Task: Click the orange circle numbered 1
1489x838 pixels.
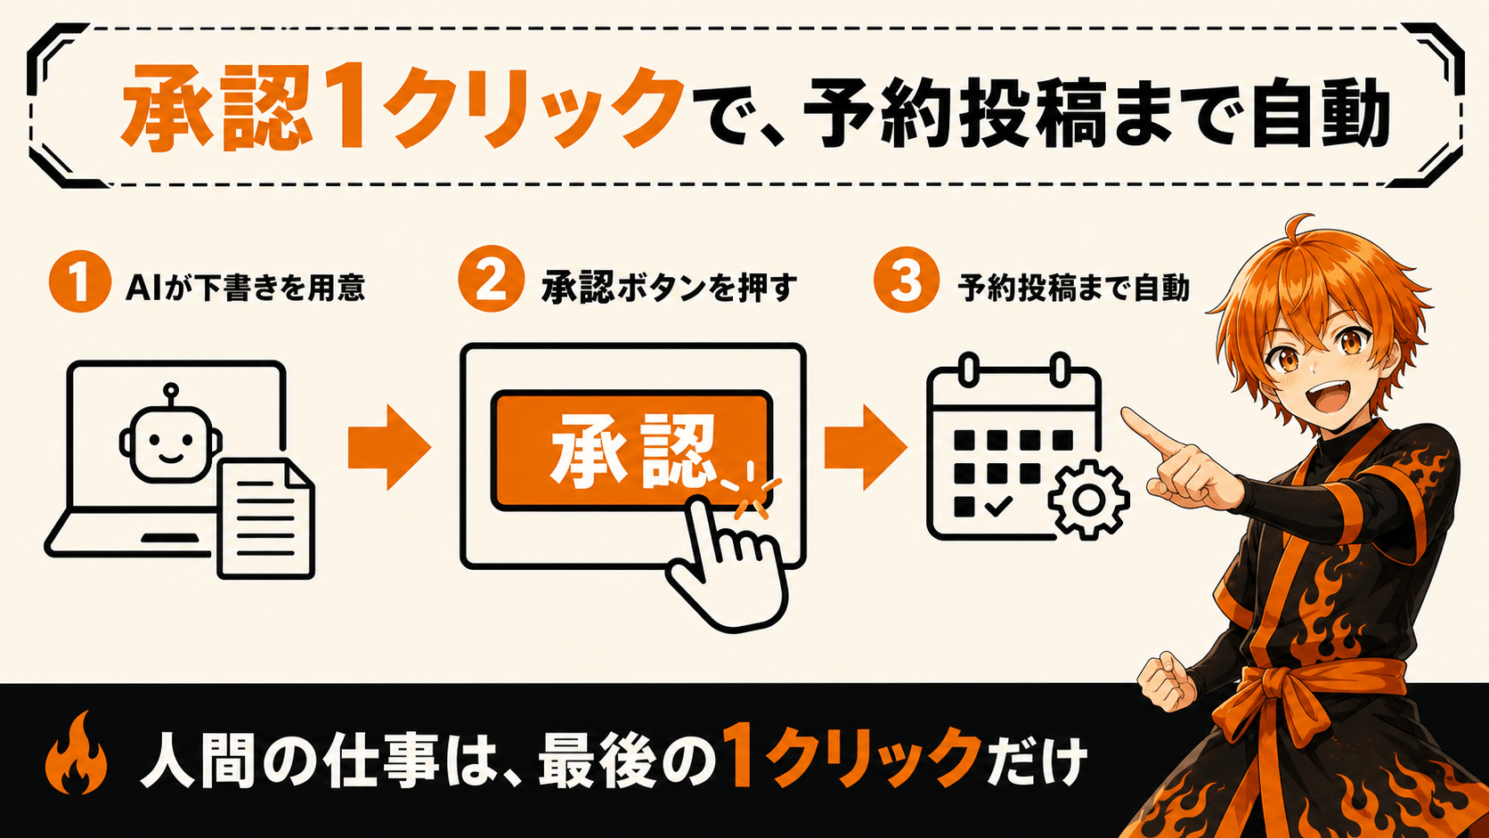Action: (x=80, y=281)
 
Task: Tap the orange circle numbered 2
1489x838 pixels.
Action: (x=491, y=279)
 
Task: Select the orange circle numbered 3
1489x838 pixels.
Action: (x=906, y=280)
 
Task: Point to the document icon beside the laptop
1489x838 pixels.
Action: (x=265, y=518)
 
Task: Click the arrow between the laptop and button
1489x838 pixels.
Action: (x=389, y=448)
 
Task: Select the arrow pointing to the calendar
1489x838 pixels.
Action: (x=866, y=448)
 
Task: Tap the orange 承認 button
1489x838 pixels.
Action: (x=631, y=450)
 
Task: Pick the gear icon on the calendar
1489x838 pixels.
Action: (x=1088, y=499)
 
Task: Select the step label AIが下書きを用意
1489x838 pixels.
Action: (x=245, y=288)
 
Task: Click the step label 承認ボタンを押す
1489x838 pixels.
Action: (x=670, y=288)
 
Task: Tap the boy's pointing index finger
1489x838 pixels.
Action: (x=1152, y=432)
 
